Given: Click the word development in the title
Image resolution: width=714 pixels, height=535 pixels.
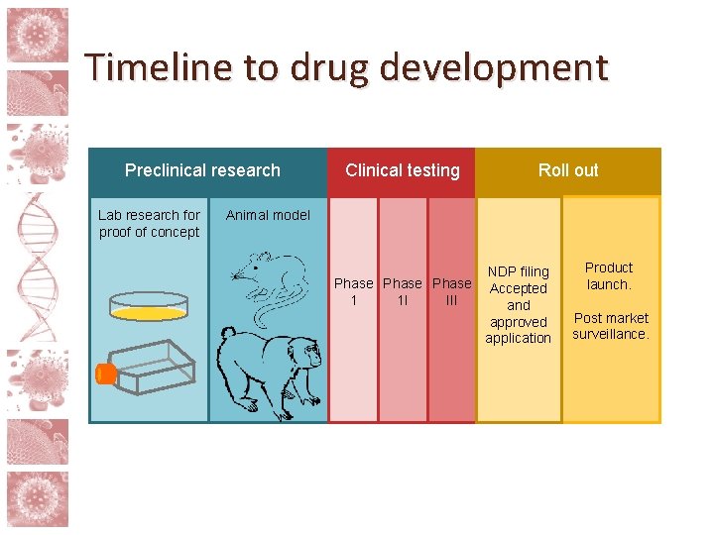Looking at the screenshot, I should tap(493, 68).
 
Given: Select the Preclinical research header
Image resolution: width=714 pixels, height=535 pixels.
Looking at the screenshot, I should tap(202, 170).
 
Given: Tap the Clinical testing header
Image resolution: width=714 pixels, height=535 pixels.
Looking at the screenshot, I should tap(402, 170).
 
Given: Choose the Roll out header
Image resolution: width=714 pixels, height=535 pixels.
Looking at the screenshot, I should tap(568, 170).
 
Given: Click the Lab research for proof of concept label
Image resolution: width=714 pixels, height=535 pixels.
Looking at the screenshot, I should tap(149, 223).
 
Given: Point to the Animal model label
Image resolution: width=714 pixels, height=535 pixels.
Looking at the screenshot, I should tap(268, 215).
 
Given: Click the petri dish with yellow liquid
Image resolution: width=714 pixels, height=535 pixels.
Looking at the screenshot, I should tap(149, 306).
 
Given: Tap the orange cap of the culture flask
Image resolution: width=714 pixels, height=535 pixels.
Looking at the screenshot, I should tap(104, 374).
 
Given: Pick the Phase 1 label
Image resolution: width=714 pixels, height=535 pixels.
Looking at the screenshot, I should tap(353, 291).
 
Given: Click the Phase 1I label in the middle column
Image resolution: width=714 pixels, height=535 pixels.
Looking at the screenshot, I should tap(402, 291).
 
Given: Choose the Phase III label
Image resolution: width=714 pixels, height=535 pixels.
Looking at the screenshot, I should tap(451, 291).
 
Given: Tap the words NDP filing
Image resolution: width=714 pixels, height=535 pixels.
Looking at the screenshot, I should tap(518, 271).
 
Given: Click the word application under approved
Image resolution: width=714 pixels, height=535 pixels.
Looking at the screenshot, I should tap(518, 338).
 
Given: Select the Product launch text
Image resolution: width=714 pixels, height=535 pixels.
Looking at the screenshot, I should tap(609, 275).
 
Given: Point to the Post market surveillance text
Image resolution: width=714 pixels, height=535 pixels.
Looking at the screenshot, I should tap(611, 326).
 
